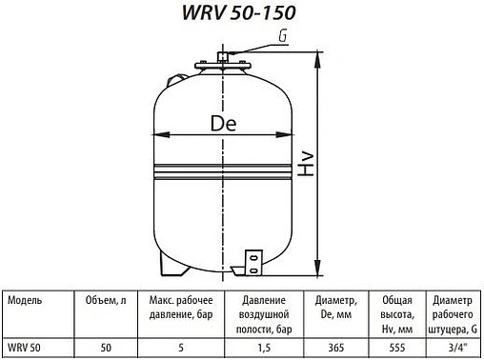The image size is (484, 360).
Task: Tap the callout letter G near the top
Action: (x=282, y=36)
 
